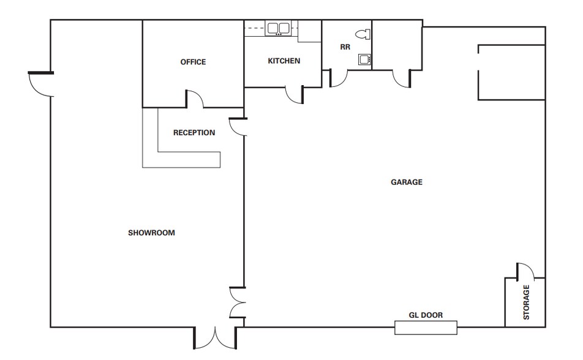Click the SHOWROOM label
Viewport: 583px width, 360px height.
click(151, 233)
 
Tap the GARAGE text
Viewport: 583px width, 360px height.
click(407, 182)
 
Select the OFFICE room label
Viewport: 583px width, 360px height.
click(193, 62)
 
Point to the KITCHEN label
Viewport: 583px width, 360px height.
click(284, 61)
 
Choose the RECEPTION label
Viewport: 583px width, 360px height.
click(194, 133)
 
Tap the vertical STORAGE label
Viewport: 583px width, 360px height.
click(526, 302)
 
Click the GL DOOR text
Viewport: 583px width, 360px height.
click(426, 315)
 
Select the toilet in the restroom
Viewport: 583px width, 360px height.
click(364, 34)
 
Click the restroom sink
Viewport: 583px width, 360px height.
click(365, 59)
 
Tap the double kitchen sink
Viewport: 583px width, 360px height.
click(279, 28)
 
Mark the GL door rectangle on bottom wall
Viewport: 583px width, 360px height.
click(426, 328)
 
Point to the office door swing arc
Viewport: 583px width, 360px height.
click(195, 99)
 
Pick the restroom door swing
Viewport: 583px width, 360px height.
click(339, 77)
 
